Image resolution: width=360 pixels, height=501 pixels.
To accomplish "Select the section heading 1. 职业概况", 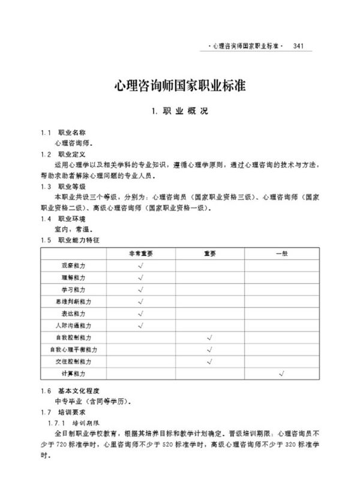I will pos(180,112).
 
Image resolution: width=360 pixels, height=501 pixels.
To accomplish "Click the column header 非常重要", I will pos(140,253).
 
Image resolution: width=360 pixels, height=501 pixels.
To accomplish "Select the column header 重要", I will pos(209,253).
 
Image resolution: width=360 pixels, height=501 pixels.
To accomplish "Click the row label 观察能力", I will pos(74,265).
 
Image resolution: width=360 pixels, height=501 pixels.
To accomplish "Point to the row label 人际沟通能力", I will pos(74,325).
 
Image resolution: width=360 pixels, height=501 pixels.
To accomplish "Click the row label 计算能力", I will pos(74,373).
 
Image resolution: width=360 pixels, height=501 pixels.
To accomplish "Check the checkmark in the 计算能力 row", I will pos(281,373).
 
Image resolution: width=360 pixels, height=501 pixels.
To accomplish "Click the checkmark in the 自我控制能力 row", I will pos(210,337).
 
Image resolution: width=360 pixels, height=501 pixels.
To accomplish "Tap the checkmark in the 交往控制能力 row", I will pos(210,361).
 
